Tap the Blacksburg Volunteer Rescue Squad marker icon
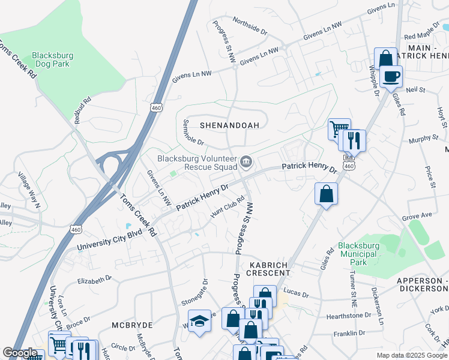(x=246, y=161)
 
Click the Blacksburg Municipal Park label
(x=360, y=254)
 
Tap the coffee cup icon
(x=391, y=76)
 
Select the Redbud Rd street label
(x=82, y=110)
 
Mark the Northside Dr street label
(x=249, y=29)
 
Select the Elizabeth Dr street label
(x=95, y=280)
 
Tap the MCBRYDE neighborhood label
(x=132, y=325)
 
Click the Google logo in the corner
(x=20, y=353)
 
